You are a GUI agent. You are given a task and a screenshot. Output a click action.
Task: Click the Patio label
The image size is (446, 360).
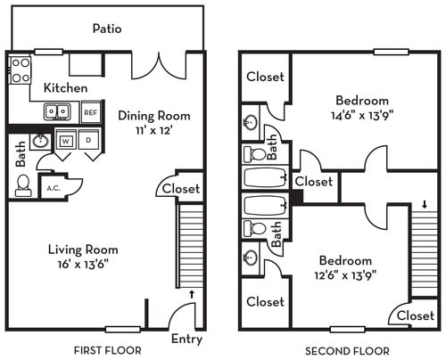tap(106, 29)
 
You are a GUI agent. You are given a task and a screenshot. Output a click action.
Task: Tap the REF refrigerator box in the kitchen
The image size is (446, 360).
tap(90, 112)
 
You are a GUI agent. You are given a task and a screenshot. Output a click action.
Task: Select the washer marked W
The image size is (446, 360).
tap(67, 141)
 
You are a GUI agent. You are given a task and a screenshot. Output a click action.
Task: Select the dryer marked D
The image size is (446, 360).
tap(88, 141)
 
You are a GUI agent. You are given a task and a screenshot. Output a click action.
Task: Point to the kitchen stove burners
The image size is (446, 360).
tap(20, 70)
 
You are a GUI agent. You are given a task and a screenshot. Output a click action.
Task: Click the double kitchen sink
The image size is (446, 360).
tap(59, 112)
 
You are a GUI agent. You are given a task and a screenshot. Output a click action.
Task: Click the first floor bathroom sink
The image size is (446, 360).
tap(39, 141)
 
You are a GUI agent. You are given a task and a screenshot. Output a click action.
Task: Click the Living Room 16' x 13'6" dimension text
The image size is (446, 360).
tap(82, 265)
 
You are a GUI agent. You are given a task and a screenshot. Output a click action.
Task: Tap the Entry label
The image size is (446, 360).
tap(186, 339)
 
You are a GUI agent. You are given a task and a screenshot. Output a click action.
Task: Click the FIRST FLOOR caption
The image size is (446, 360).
tap(106, 351)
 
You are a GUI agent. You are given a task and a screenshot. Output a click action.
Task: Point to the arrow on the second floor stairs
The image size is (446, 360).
tap(424, 204)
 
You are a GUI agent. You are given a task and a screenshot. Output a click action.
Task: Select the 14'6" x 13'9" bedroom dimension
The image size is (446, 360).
tap(362, 114)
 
